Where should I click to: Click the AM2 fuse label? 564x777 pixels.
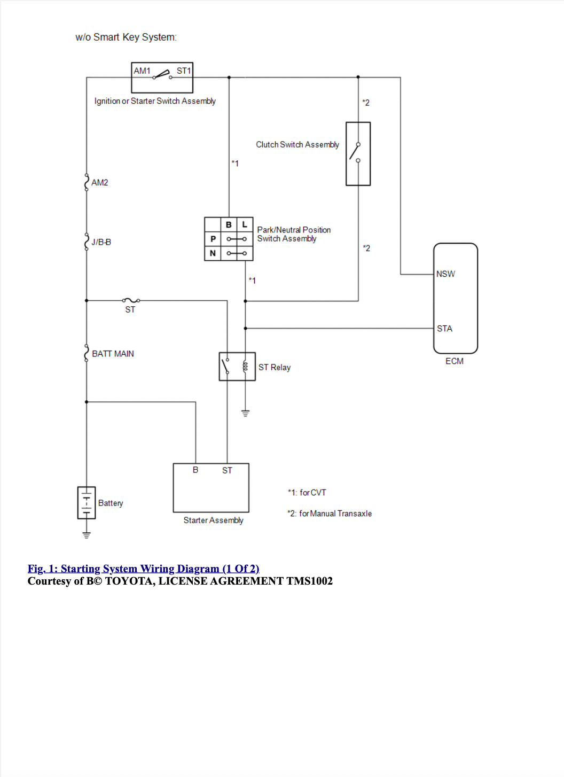pos(99,182)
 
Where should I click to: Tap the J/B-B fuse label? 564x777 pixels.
pos(101,242)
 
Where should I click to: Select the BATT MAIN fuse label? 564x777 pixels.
pos(113,354)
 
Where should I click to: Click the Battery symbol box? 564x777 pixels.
pos(87,503)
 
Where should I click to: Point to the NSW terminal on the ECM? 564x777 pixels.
pos(445,274)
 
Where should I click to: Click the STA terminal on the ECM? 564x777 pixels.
pos(444,329)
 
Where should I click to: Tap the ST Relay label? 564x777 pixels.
pos(274,367)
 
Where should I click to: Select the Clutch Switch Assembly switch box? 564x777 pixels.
pos(358,154)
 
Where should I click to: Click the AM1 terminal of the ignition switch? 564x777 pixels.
pos(142,71)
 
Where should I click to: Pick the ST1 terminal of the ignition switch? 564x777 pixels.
pos(184,71)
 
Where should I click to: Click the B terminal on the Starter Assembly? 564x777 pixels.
pos(195,470)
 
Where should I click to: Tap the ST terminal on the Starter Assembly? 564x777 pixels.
pos(227,470)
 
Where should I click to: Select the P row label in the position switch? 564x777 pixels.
pos(213,239)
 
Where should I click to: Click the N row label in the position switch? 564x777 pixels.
pos(213,253)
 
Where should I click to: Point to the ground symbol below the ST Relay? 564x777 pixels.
pos(246,413)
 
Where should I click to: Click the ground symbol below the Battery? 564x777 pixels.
pos(87,535)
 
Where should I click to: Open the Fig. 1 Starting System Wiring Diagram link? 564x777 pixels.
pos(144,569)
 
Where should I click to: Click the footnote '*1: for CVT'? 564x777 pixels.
pos(307,493)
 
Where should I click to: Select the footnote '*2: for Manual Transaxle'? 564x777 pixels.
pos(330,514)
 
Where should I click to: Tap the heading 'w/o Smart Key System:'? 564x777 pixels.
pos(126,37)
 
